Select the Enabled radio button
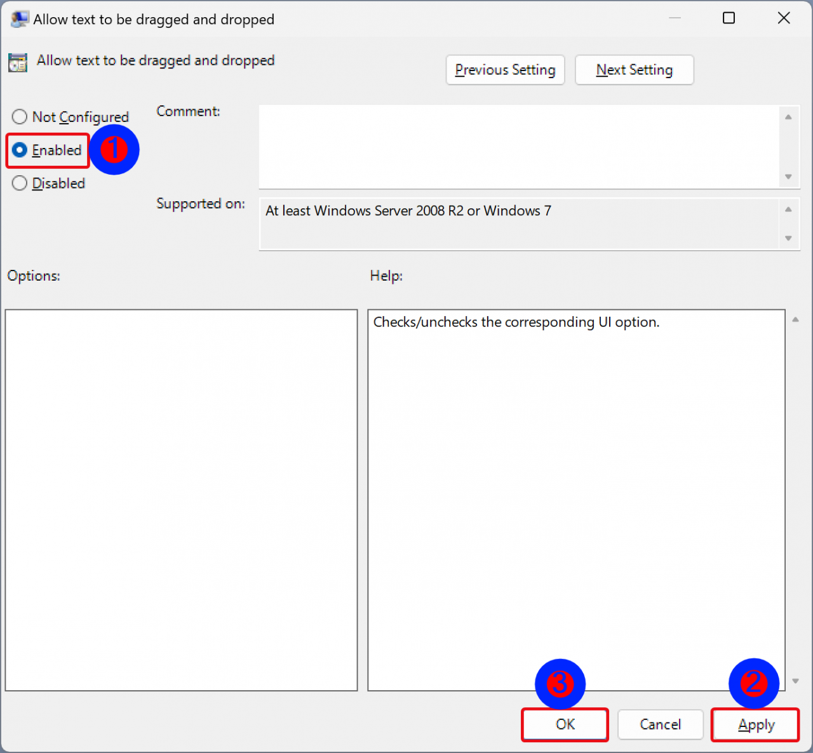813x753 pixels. (20, 150)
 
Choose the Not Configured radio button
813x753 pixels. (20, 117)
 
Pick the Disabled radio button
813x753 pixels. (20, 183)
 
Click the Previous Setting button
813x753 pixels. (505, 70)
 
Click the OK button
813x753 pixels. (565, 724)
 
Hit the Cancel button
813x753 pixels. (660, 724)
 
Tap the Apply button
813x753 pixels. (755, 724)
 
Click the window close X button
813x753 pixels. (784, 18)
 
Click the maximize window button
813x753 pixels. (729, 18)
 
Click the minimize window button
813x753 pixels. (675, 18)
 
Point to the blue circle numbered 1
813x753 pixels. (114, 150)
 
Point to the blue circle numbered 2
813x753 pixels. (754, 683)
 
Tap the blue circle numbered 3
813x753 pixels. (560, 684)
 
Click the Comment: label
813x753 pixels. (188, 112)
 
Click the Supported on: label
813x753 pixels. (201, 204)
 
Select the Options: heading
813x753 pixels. (34, 276)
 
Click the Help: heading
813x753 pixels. (386, 276)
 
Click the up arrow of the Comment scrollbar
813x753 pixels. (788, 117)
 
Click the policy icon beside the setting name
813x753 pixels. (18, 62)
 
